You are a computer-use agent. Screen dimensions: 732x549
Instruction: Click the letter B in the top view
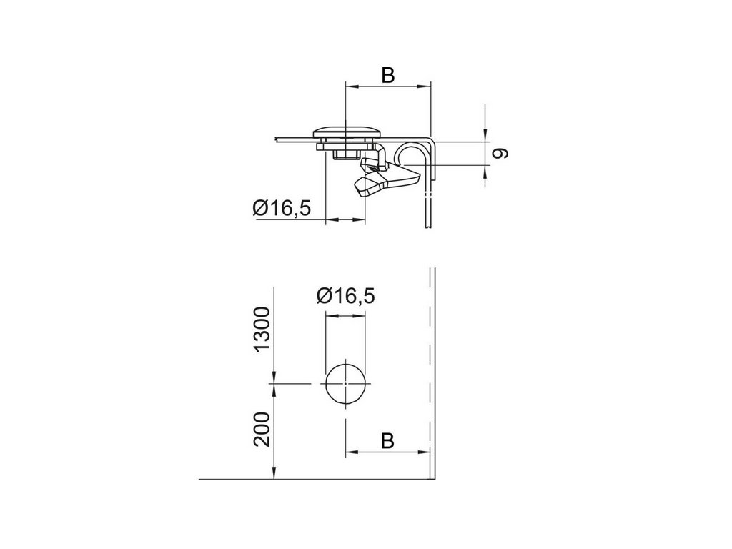[x=388, y=74]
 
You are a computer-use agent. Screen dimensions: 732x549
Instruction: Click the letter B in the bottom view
[x=387, y=440]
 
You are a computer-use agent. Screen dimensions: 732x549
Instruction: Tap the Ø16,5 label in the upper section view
[x=282, y=208]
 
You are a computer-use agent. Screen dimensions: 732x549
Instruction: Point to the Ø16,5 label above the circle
[x=345, y=295]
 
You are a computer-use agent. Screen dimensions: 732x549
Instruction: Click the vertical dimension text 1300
[x=262, y=329]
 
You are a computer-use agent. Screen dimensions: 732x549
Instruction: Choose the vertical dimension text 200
[x=262, y=430]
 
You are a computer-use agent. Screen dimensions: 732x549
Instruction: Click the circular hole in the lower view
[x=345, y=383]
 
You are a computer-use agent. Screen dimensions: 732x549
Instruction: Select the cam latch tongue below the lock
[x=387, y=182]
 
